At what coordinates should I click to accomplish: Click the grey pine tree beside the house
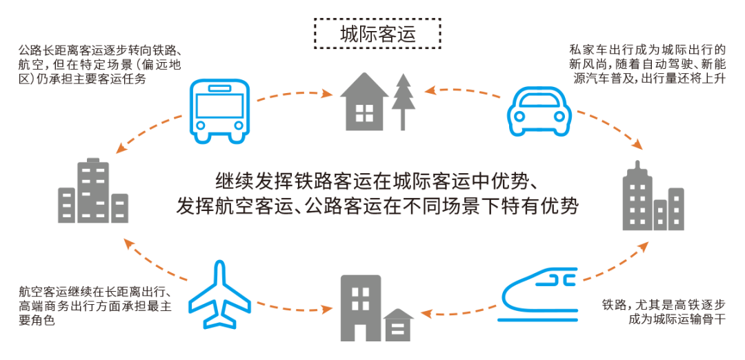[403, 101]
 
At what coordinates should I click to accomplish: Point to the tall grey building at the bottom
[361, 308]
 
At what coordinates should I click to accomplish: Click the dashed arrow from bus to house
[295, 94]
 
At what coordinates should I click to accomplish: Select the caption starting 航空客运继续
[95, 306]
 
